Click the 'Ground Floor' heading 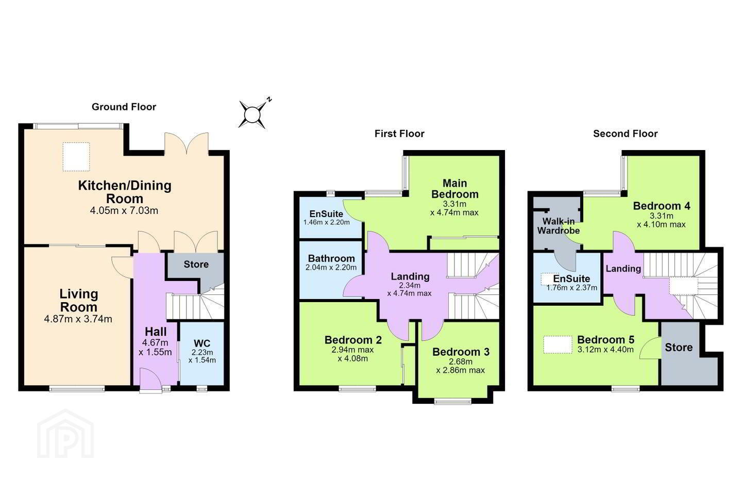pos(124,107)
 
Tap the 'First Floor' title pos(399,134)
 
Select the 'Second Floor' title pos(626,134)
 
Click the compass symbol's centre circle pos(252,114)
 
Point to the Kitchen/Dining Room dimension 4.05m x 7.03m pos(124,210)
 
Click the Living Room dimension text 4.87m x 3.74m pos(78,319)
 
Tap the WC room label pos(202,343)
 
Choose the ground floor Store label pos(196,264)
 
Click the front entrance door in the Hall pos(150,381)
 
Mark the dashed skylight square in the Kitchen pos(76,157)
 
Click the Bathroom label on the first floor pos(331,259)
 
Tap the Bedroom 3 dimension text pos(461,366)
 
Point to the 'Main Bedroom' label pos(455,189)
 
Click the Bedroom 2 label pos(353,340)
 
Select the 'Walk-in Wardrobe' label pos(559,226)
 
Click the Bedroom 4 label pos(662,206)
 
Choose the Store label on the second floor pos(679,348)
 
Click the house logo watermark pos(65,434)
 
